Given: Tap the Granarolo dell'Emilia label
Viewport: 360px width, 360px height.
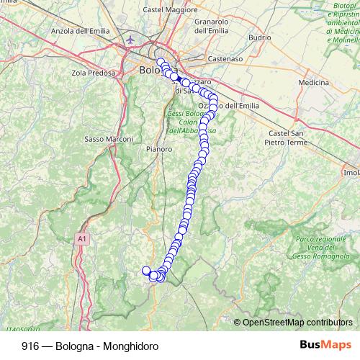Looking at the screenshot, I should (211, 26).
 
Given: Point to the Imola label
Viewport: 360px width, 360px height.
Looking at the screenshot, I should (351, 173).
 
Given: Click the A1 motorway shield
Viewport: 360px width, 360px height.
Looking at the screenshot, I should (82, 238).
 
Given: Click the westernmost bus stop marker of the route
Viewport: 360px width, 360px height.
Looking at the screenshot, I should (146, 271).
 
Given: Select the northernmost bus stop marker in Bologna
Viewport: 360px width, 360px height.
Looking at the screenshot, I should (161, 62).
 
